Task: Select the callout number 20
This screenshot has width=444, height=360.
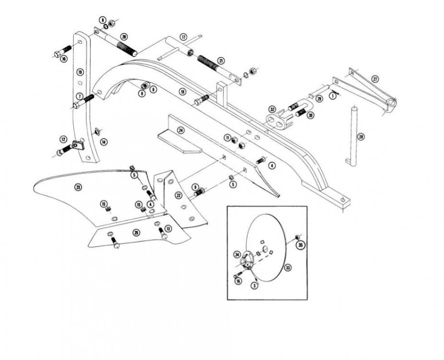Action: pyautogui.click(x=124, y=36)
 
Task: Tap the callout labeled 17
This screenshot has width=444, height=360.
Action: pyautogui.click(x=183, y=37)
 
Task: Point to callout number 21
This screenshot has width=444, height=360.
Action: pyautogui.click(x=221, y=60)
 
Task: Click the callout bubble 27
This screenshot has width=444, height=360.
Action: pyautogui.click(x=375, y=78)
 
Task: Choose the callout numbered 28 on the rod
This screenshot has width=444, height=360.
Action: pyautogui.click(x=361, y=137)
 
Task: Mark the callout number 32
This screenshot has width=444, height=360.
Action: pyautogui.click(x=272, y=109)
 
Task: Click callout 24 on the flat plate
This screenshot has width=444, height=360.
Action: pyautogui.click(x=181, y=130)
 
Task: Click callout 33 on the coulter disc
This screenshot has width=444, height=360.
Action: pyautogui.click(x=288, y=266)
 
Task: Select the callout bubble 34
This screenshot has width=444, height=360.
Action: pyautogui.click(x=237, y=254)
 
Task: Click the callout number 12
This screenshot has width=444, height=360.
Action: pyautogui.click(x=63, y=139)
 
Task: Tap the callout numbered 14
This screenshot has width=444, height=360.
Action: pyautogui.click(x=104, y=142)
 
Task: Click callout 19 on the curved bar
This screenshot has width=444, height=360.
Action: pyautogui.click(x=81, y=72)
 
